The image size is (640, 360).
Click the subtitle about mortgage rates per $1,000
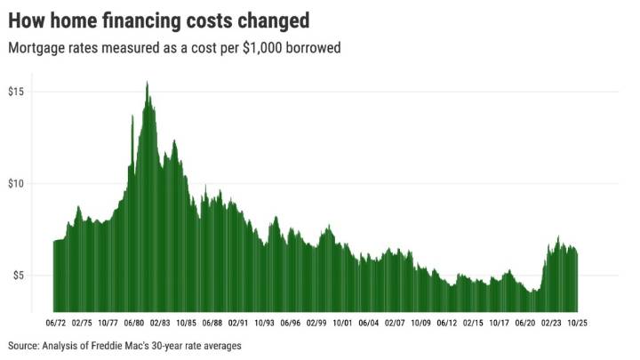pos(174,48)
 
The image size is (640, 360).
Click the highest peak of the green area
pos(147,83)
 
